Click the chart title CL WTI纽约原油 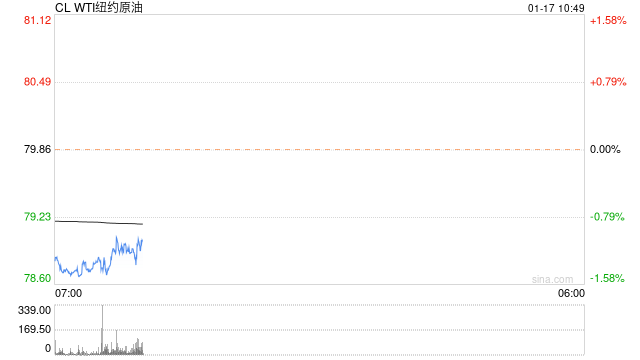99,7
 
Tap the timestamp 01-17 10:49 556,8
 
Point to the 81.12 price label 38,20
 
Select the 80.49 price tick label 38,82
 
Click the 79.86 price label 38,149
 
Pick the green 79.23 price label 38,217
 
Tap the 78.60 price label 38,278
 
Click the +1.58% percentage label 608,20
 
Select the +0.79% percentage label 608,82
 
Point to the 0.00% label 605,149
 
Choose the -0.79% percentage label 607,217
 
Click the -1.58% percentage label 607,278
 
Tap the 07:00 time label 68,293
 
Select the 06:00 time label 571,293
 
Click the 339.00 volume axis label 35,310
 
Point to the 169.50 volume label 35,329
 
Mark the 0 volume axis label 48,348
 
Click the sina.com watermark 552,279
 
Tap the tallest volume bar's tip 102,305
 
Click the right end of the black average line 142,224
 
